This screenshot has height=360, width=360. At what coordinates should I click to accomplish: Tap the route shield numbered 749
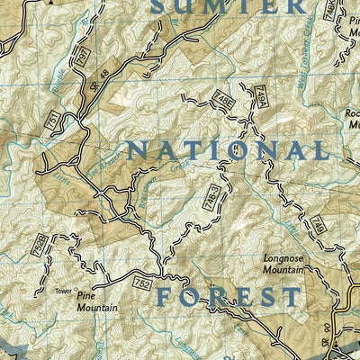(319, 229)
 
